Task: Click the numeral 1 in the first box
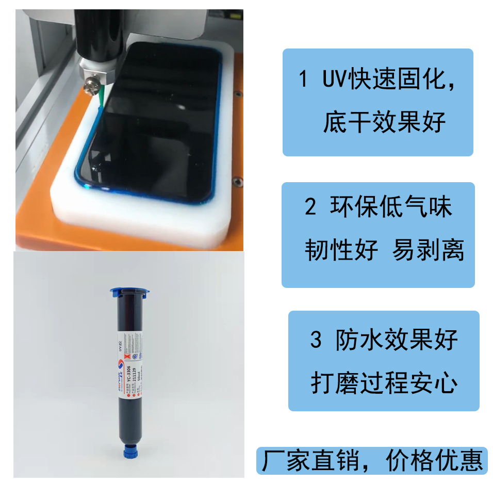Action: [x=304, y=80]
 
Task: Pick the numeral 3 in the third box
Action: [x=316, y=340]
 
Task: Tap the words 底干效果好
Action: [x=384, y=123]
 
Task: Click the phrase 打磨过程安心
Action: [x=384, y=383]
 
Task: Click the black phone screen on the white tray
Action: [x=155, y=119]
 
